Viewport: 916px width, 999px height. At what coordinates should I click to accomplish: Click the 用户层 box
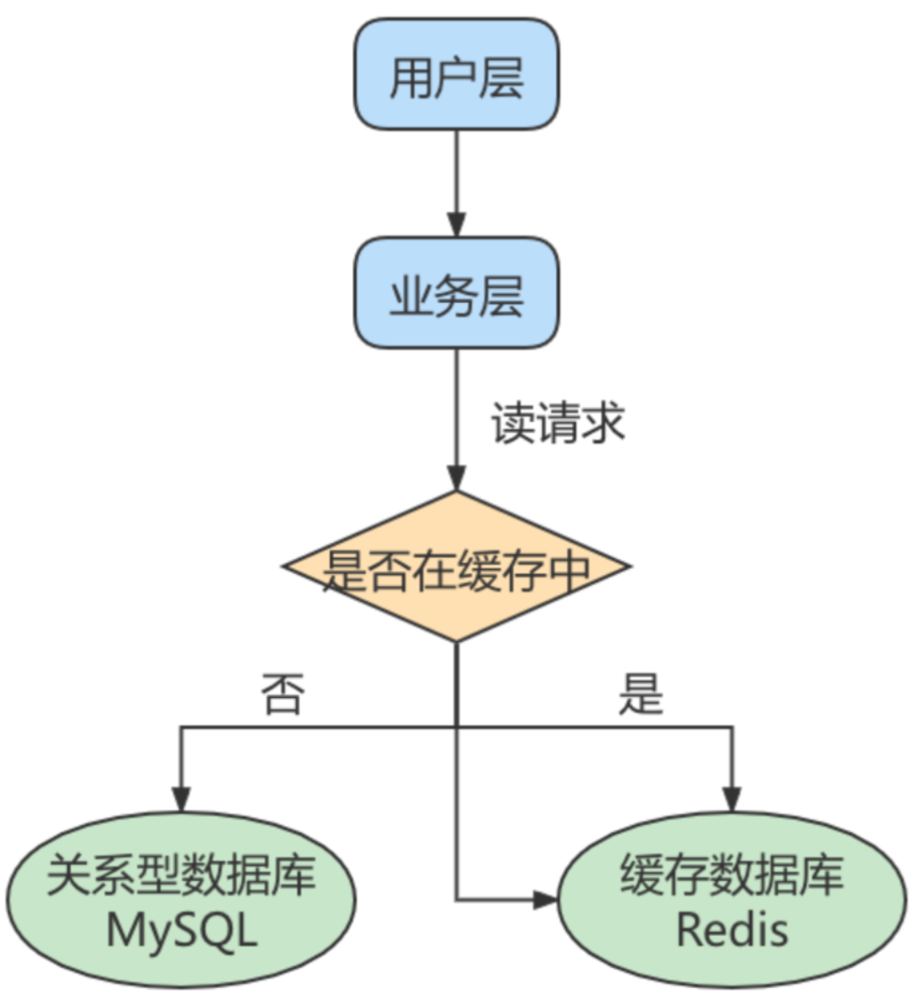click(x=456, y=75)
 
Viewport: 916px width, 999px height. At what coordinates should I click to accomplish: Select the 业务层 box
click(x=456, y=293)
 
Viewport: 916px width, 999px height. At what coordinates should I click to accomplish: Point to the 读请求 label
click(x=558, y=423)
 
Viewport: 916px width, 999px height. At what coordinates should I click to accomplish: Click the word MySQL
click(x=180, y=931)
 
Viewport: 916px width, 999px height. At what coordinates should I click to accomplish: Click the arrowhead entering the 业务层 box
click(x=456, y=226)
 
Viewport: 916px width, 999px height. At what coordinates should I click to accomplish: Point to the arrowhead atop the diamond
click(x=456, y=478)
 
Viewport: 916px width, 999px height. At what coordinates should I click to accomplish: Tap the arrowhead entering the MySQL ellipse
click(x=180, y=799)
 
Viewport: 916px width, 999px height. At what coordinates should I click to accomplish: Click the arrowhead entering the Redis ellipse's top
click(x=731, y=799)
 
